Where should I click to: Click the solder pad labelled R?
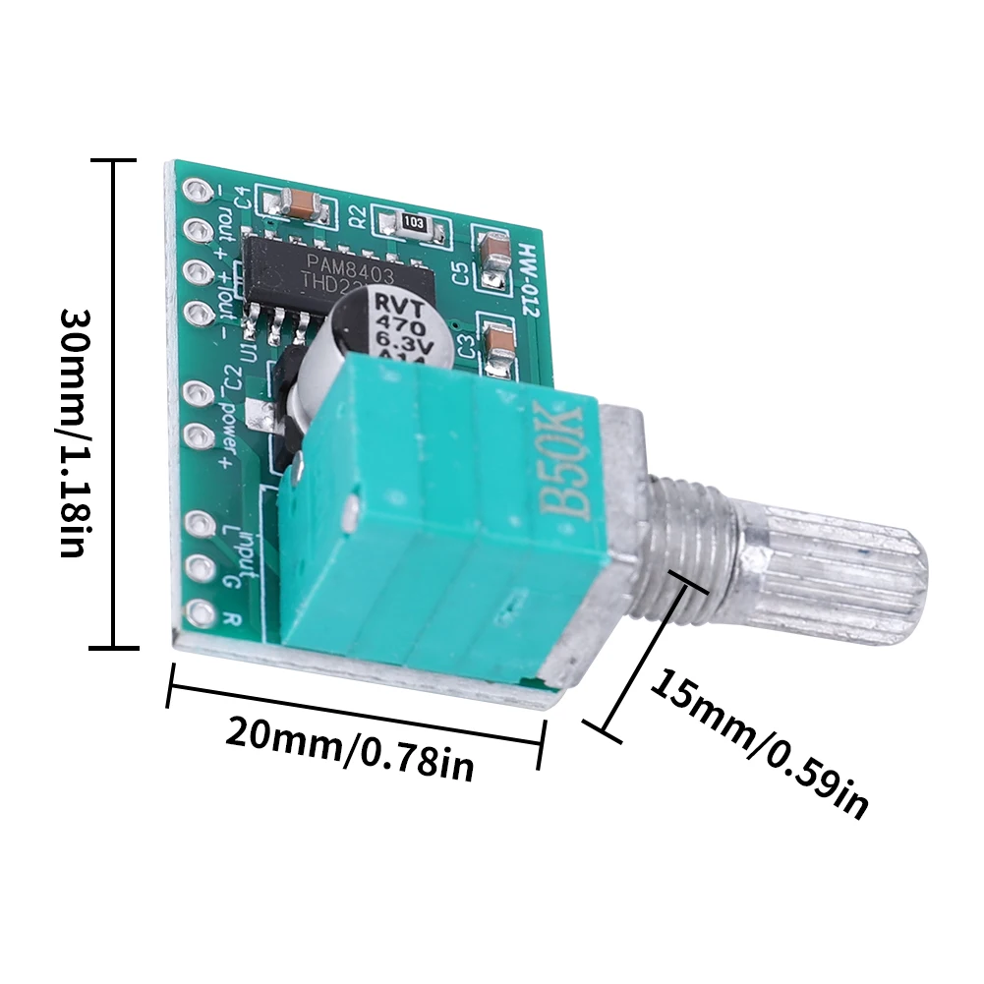pyautogui.click(x=201, y=611)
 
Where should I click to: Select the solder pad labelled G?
pyautogui.click(x=201, y=566)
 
